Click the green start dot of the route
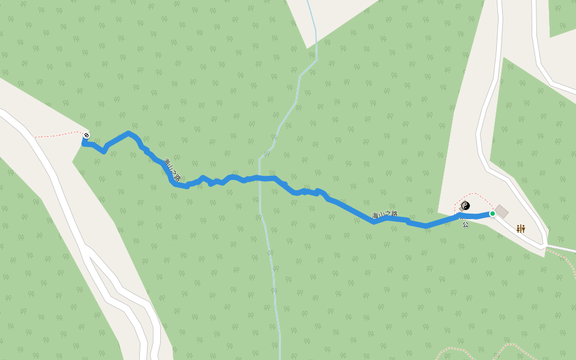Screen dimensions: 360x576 [493, 214]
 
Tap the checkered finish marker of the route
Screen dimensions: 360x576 [87, 135]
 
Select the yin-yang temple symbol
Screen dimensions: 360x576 [465, 206]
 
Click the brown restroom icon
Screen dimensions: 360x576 [521, 229]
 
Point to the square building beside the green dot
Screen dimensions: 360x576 [502, 211]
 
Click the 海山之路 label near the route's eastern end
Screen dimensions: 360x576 [385, 215]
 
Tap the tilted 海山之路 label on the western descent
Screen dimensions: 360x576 [172, 169]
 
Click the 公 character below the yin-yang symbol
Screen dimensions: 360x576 [465, 224]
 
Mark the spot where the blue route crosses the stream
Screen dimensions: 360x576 [259, 178]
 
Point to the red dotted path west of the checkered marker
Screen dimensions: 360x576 [57, 135]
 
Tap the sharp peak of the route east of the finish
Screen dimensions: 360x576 [128, 133]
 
